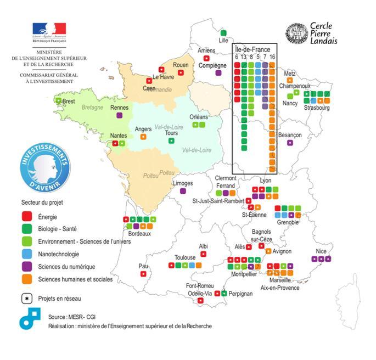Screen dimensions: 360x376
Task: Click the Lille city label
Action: [x=223, y=41]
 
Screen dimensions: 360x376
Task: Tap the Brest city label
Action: [x=68, y=102]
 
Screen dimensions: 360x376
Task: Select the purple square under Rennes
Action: [x=119, y=115]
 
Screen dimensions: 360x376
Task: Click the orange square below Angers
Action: [x=143, y=136]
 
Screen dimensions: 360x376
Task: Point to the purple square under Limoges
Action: [x=183, y=191]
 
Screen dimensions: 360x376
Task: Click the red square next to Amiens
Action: [x=206, y=58]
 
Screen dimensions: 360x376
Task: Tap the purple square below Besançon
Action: [x=290, y=143]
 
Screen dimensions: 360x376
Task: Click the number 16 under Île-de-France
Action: [x=272, y=57]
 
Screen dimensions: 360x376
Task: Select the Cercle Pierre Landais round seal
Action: [x=296, y=33]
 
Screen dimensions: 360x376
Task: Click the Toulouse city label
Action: [x=185, y=257]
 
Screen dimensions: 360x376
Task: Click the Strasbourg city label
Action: [x=315, y=108]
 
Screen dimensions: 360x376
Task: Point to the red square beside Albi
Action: [x=203, y=254]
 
